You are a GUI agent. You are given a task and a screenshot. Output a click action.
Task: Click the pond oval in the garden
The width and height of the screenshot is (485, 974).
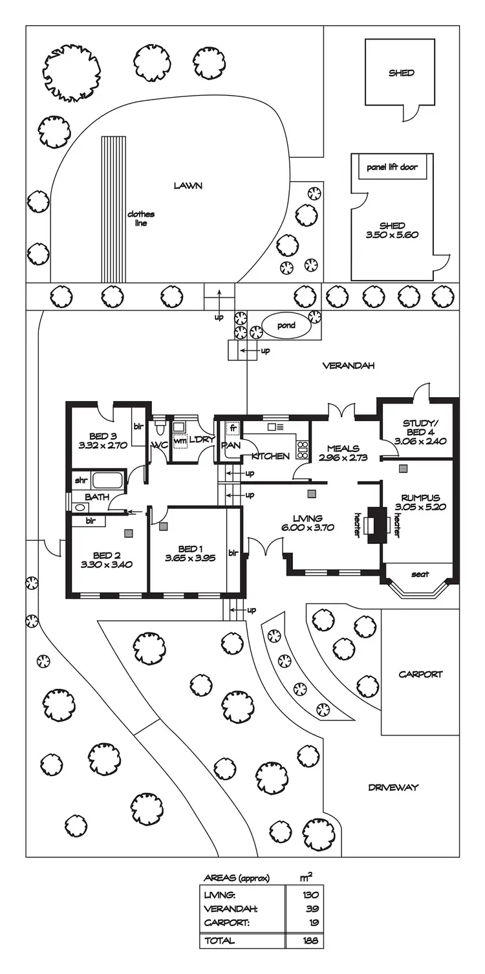click(286, 325)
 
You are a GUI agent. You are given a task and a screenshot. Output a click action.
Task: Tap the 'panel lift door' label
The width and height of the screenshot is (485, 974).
click(392, 167)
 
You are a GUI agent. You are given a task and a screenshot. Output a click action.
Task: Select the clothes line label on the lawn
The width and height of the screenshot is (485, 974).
click(141, 219)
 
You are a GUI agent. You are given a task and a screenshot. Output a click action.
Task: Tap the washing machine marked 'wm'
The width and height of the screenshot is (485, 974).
click(179, 442)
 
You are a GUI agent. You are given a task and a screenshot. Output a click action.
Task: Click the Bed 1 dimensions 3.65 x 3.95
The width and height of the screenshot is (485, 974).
click(189, 558)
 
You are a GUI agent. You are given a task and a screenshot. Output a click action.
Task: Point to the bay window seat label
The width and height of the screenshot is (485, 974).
click(420, 574)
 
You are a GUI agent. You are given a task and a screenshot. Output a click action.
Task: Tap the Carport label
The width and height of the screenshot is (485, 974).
click(420, 674)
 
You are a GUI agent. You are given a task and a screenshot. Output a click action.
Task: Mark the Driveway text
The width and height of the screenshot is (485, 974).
click(393, 787)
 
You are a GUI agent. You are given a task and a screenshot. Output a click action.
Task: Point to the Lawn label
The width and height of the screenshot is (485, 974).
click(188, 186)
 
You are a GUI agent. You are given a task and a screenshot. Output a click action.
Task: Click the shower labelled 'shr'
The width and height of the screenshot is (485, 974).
click(80, 481)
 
